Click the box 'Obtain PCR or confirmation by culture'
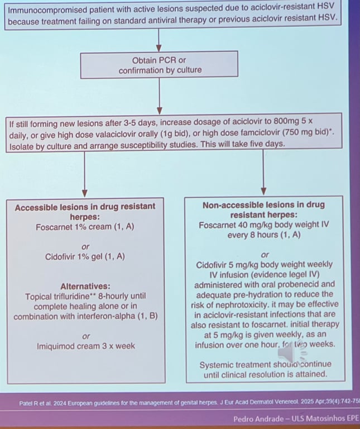click(160, 65)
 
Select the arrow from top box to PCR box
click(160, 41)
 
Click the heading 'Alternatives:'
click(85, 285)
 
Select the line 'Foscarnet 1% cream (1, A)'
click(85, 227)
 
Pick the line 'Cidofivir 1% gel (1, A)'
click(85, 256)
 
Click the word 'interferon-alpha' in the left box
click(113, 316)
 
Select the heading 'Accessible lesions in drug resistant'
click(85, 207)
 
